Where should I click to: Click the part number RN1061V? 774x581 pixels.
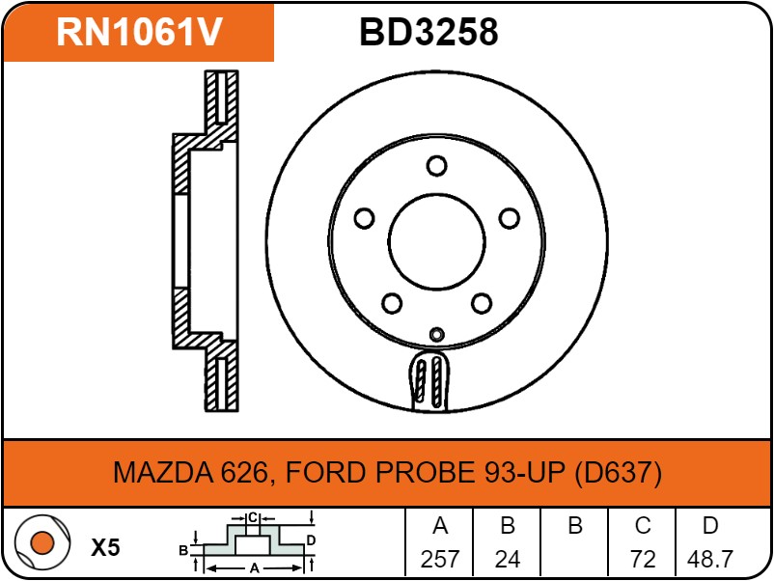[x=140, y=32]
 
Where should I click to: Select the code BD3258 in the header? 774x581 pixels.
[x=428, y=32]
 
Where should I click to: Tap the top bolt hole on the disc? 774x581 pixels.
[x=436, y=166]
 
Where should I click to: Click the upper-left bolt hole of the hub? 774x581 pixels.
[x=364, y=218]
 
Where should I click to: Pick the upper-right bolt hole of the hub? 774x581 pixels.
[x=509, y=218]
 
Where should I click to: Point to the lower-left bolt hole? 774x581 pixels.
[x=392, y=303]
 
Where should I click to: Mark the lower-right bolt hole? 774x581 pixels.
[x=482, y=303]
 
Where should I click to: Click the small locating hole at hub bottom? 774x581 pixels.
[x=436, y=335]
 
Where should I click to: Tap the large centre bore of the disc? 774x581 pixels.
[x=436, y=242]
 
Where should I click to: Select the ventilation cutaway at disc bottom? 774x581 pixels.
[x=428, y=380]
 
